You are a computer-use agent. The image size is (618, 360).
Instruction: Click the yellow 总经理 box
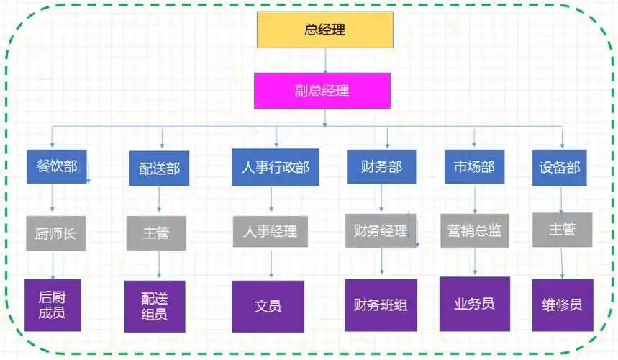point(325,30)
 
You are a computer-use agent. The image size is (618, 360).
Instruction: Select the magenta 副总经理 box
point(322,91)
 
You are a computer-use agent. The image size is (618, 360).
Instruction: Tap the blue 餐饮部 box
point(56,166)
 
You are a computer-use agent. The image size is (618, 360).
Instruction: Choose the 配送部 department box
point(159,168)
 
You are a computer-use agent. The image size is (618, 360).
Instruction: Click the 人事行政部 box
point(275,167)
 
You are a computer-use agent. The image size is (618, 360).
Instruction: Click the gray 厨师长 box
point(55,233)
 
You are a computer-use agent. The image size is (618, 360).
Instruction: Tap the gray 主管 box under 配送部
point(156,233)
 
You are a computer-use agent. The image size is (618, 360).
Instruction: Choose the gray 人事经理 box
point(270,232)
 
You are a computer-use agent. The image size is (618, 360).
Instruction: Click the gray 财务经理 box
point(381,231)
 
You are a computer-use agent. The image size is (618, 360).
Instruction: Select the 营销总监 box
point(474,231)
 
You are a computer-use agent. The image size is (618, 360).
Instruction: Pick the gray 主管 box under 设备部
point(563,230)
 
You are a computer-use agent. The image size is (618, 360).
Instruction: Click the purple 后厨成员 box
point(53,305)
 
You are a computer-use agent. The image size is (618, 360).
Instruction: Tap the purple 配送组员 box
point(155,306)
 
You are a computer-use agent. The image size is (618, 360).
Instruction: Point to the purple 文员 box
point(268,306)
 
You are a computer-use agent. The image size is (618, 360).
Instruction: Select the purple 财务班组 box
point(381,305)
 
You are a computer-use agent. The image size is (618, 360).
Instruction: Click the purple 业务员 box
point(474,304)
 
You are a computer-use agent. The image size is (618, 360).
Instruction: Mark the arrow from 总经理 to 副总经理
point(325,60)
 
